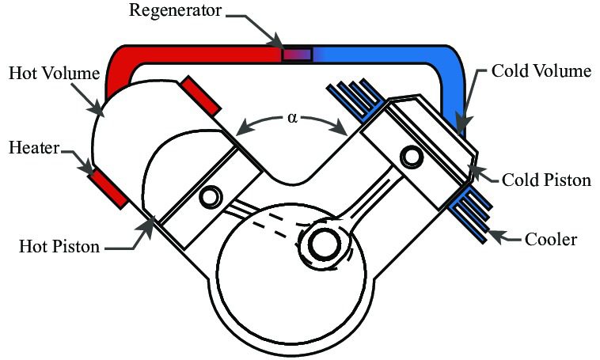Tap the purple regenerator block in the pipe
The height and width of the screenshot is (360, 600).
click(297, 54)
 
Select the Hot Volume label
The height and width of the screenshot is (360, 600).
click(54, 74)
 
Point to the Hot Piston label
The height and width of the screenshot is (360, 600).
click(59, 246)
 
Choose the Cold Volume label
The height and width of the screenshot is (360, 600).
click(541, 71)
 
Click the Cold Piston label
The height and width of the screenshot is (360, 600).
click(546, 180)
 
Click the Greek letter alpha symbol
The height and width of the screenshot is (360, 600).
click(293, 118)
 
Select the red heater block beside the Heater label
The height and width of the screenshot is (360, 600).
click(107, 188)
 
